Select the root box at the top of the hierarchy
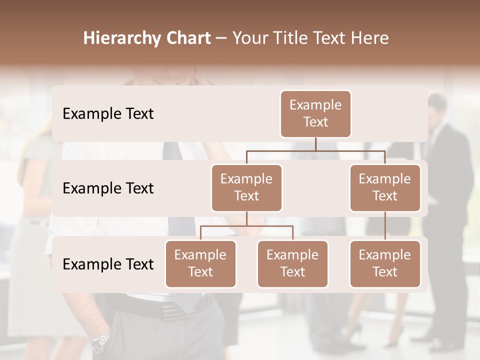(315, 114)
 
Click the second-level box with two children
(246, 188)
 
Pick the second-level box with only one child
(385, 188)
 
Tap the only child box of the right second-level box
(385, 264)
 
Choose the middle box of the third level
(292, 264)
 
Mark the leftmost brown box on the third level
(200, 264)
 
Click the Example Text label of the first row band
(108, 114)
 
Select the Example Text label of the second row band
(108, 188)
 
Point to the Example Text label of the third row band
(108, 264)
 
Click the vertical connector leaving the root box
(315, 144)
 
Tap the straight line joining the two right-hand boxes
(385, 226)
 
